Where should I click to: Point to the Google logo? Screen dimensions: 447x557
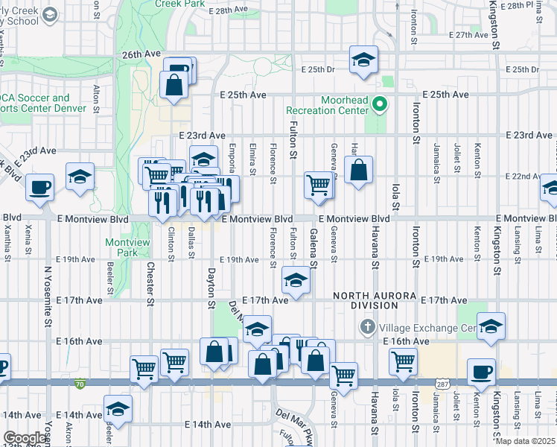tap(25, 438)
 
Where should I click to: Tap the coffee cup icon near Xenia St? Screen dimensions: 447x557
tap(39, 187)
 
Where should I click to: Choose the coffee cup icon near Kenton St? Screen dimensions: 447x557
tap(481, 371)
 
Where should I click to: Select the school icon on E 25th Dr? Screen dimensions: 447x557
tap(363, 60)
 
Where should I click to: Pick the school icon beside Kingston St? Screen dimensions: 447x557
tap(491, 326)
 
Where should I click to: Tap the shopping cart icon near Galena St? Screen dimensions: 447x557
tap(319, 184)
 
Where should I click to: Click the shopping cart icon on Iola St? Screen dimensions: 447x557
tap(403, 361)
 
